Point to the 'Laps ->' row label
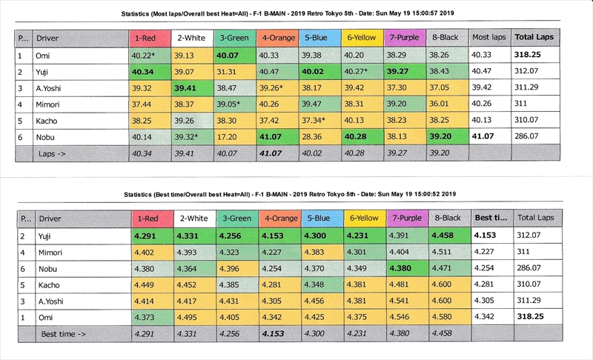click(x=53, y=154)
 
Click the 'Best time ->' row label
click(x=63, y=335)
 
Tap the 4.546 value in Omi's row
click(x=403, y=319)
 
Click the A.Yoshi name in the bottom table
click(x=53, y=302)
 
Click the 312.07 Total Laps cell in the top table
click(x=529, y=72)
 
